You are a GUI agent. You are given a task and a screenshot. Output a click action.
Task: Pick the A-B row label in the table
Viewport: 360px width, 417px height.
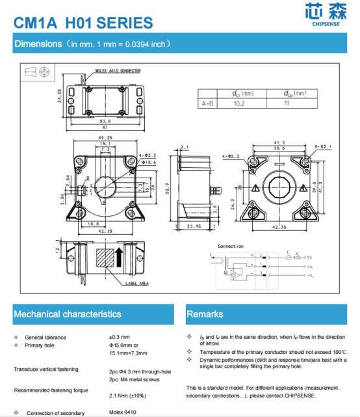[x=208, y=103]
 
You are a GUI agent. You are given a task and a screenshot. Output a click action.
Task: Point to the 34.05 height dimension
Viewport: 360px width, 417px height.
[x=60, y=97]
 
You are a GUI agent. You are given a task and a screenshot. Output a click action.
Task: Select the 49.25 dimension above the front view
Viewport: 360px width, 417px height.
[x=106, y=138]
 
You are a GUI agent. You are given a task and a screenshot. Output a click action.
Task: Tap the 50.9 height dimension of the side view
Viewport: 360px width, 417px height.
[x=168, y=188]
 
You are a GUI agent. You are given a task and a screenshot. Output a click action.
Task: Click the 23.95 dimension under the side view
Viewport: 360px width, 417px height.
[x=194, y=227]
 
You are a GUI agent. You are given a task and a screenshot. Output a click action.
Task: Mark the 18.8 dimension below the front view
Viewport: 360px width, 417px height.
[x=93, y=224]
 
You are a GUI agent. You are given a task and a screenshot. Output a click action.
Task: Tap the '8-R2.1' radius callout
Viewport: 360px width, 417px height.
[x=323, y=147]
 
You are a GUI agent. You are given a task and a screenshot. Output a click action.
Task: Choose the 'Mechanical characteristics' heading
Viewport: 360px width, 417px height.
[x=68, y=314]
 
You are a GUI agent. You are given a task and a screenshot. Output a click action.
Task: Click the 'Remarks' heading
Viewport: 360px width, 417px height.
[x=205, y=314]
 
